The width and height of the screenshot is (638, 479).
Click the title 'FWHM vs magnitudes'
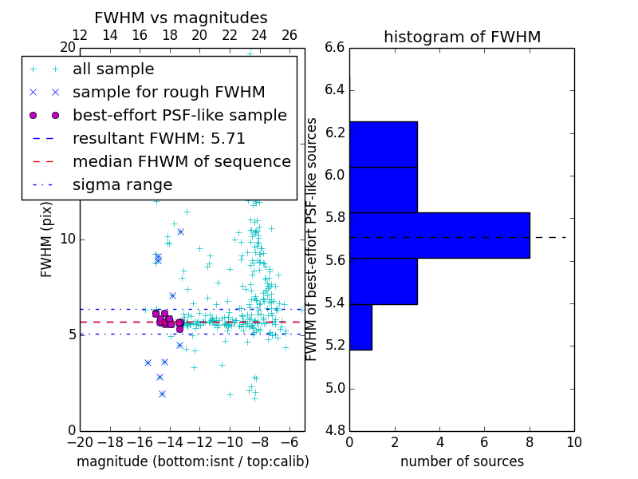180,18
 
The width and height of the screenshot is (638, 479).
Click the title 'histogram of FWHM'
462,37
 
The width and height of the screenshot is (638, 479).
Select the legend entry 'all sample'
113,69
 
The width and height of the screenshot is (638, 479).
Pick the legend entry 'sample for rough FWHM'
168,92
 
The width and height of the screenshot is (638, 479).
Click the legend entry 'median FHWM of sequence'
181,161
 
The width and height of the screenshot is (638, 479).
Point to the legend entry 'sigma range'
122,184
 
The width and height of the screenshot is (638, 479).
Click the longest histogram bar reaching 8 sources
439,236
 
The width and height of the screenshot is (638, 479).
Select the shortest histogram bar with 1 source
360,327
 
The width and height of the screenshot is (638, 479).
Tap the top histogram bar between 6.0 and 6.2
383,144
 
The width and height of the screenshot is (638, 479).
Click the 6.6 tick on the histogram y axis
335,48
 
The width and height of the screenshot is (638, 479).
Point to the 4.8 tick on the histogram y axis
335,430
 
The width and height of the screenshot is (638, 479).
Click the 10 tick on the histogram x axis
573,441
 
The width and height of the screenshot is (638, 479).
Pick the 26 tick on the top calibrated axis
289,35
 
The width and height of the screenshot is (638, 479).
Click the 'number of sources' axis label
462,461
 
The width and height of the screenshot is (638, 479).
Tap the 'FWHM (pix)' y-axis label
46,239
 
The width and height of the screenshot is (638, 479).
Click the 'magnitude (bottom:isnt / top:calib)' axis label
192,461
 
